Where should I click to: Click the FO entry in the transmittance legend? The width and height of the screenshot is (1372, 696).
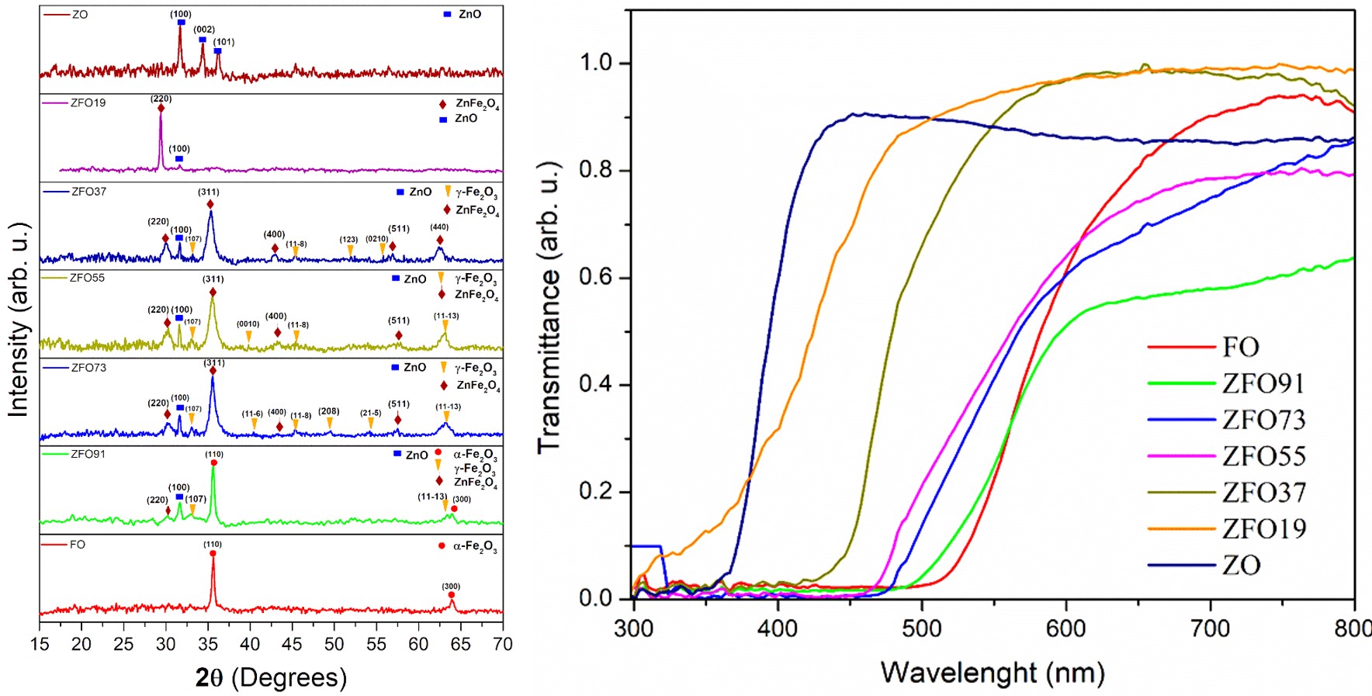pyautogui.click(x=1240, y=347)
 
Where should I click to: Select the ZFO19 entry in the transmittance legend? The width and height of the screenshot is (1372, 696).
pyautogui.click(x=1263, y=529)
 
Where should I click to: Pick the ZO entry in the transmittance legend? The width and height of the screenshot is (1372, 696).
pyautogui.click(x=1241, y=565)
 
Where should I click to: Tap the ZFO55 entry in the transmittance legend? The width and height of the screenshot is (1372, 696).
pyautogui.click(x=1263, y=456)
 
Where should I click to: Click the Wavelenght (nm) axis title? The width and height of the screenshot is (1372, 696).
pyautogui.click(x=992, y=672)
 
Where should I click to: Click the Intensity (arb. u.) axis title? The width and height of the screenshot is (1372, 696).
pyautogui.click(x=18, y=320)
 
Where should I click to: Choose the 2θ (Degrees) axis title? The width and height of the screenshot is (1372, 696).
pyautogui.click(x=271, y=677)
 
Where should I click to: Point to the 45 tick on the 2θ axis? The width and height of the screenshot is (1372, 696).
pyautogui.click(x=292, y=644)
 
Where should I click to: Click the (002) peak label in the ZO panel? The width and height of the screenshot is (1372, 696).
pyautogui.click(x=204, y=29)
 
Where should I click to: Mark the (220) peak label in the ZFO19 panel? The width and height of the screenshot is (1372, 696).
pyautogui.click(x=161, y=99)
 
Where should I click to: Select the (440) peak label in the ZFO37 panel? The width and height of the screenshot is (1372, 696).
pyautogui.click(x=439, y=227)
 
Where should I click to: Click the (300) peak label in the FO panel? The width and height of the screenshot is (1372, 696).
pyautogui.click(x=451, y=586)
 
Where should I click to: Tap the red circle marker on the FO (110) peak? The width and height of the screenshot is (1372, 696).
pyautogui.click(x=213, y=553)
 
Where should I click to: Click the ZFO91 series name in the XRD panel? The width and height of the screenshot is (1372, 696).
pyautogui.click(x=88, y=454)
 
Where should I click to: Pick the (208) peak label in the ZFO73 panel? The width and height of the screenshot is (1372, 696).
pyautogui.click(x=329, y=411)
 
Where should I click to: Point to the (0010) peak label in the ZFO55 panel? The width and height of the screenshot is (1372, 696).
pyautogui.click(x=248, y=324)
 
